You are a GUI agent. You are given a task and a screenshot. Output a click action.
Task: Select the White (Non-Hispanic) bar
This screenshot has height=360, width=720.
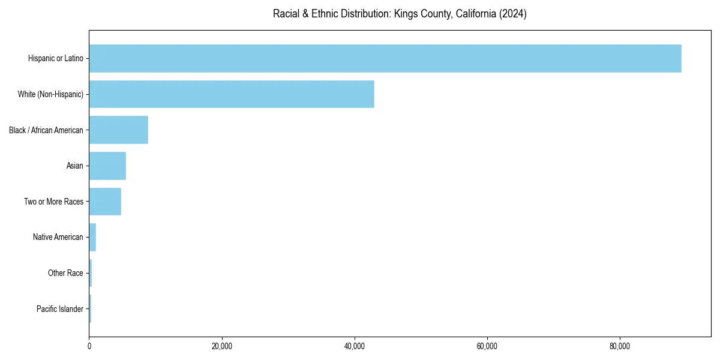pos(232,94)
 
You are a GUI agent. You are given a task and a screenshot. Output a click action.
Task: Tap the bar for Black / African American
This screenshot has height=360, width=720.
pos(119,130)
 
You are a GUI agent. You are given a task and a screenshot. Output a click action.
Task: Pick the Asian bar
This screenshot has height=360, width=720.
pos(107,166)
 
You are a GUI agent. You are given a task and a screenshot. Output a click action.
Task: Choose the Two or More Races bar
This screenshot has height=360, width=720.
pos(105,202)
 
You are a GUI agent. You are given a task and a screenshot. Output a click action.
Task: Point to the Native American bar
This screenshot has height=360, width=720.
pos(92,237)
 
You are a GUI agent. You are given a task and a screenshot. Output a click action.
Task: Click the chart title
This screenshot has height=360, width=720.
pos(400,14)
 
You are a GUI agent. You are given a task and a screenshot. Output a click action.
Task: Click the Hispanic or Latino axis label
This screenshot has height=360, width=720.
pos(56,58)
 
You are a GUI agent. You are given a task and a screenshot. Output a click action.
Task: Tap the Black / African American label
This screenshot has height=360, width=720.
pos(46,130)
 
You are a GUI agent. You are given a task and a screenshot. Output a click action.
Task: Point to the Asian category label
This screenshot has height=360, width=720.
pos(75,166)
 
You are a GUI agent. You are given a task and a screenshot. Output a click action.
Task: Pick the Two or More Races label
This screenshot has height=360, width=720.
pos(54,202)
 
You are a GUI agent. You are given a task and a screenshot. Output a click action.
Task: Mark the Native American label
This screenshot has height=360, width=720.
pos(58,237)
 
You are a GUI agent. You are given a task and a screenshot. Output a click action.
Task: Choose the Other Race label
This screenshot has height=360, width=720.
pos(66,273)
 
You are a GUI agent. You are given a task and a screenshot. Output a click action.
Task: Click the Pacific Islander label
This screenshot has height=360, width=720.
pos(60,309)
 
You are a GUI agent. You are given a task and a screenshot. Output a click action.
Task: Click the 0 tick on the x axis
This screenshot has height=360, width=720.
pos(89,346)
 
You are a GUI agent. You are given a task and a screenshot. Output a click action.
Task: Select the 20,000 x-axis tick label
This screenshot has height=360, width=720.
pos(222,346)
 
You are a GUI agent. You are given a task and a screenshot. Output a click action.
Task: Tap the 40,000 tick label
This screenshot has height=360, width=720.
pos(355,346)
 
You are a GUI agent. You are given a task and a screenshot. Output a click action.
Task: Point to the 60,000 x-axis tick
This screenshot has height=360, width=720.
pos(487,346)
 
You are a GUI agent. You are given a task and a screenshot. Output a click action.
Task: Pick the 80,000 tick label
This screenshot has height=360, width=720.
pos(620,346)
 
